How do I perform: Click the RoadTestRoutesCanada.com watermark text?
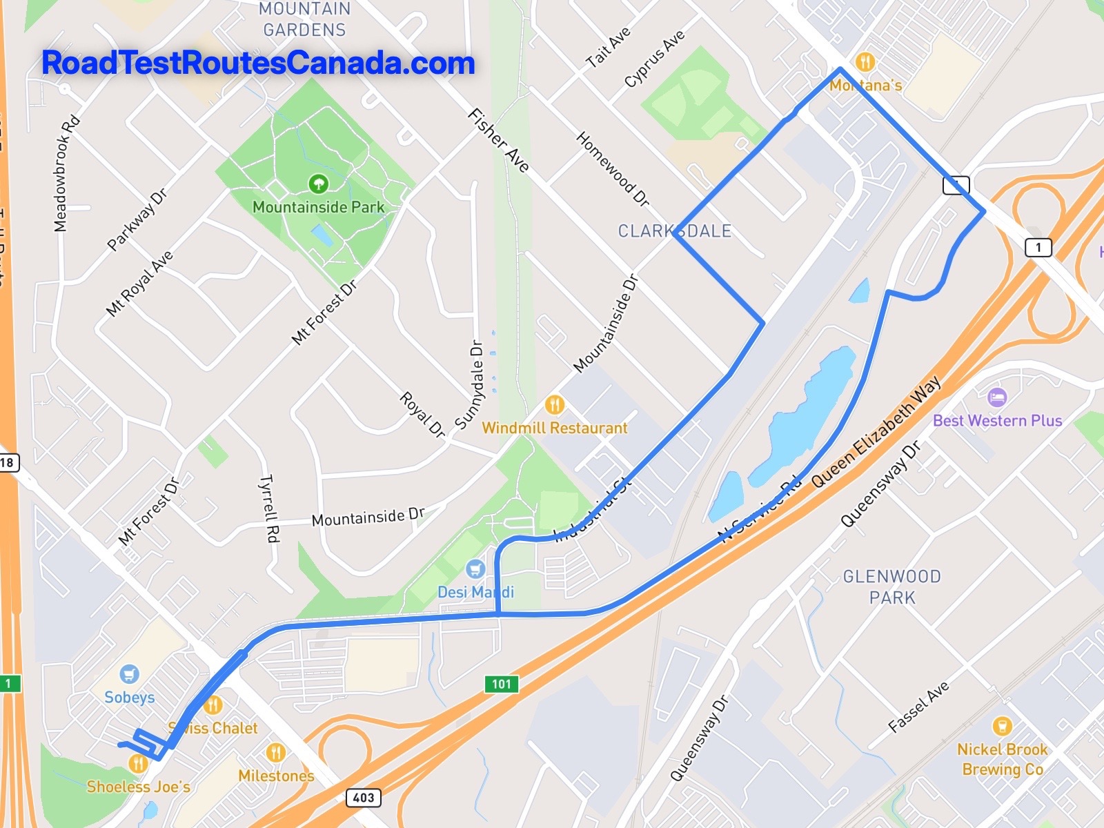point(258,63)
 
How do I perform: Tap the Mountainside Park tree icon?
point(318,184)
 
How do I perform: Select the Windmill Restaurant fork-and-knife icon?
point(555,404)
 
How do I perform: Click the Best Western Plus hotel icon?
point(997,397)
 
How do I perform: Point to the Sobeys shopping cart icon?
point(129,674)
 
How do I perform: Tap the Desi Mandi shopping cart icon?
point(475,569)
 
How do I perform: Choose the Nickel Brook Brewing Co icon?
point(1002,726)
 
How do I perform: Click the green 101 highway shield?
point(502,684)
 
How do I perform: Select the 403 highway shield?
point(364,798)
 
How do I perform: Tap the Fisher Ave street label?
point(498,140)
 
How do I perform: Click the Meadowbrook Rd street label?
point(66,174)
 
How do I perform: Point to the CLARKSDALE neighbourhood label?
point(674,231)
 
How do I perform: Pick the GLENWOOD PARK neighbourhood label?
point(891,586)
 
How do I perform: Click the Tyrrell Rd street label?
point(270,508)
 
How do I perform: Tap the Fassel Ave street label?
point(918,707)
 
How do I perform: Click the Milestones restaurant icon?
point(275,752)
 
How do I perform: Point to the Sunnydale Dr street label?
point(469,384)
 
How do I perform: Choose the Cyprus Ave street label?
point(654,59)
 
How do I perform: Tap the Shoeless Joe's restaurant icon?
point(138,764)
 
